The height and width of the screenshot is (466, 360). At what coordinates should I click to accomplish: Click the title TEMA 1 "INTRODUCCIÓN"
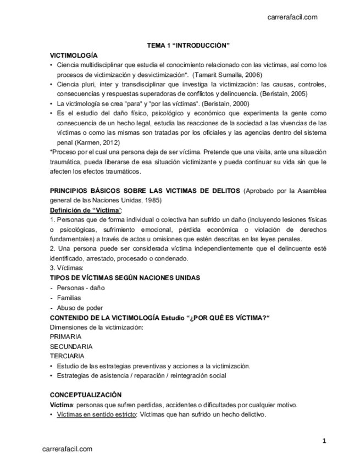187,46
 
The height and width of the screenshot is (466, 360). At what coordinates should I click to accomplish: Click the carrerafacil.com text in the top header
292,17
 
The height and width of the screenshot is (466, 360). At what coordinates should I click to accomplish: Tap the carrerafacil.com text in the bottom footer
68,449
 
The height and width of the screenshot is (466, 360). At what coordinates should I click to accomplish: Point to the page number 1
324,441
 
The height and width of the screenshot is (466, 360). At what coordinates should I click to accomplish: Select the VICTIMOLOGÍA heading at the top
74,56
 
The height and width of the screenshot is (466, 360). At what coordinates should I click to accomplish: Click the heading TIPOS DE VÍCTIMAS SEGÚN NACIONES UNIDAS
125,278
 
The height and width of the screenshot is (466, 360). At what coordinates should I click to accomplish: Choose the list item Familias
69,297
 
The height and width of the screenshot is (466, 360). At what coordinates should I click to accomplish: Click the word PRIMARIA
65,337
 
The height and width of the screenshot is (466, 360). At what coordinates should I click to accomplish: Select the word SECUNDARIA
71,347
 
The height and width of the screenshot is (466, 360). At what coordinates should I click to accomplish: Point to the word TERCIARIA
67,356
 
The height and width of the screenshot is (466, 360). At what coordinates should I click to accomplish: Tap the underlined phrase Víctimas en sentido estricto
97,415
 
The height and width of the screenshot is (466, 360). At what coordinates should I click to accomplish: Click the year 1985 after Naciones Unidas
136,201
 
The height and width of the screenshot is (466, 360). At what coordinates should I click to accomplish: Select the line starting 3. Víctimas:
66,268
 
